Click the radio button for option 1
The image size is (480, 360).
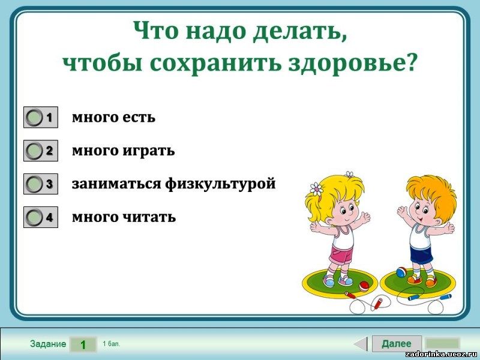(x=34, y=117)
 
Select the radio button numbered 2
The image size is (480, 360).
(x=34, y=151)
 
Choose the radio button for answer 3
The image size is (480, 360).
(x=34, y=184)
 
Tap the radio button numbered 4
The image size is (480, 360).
(x=34, y=217)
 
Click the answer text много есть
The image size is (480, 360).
(x=113, y=117)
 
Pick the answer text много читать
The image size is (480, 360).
(x=124, y=217)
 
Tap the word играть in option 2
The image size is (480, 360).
(x=149, y=151)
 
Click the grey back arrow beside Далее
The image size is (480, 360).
(x=361, y=343)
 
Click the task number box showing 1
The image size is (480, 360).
(x=83, y=344)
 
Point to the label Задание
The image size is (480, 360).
(x=48, y=344)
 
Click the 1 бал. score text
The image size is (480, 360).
(x=112, y=344)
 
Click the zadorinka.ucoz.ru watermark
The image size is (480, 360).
(x=442, y=355)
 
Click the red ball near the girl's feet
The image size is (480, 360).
(x=364, y=286)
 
